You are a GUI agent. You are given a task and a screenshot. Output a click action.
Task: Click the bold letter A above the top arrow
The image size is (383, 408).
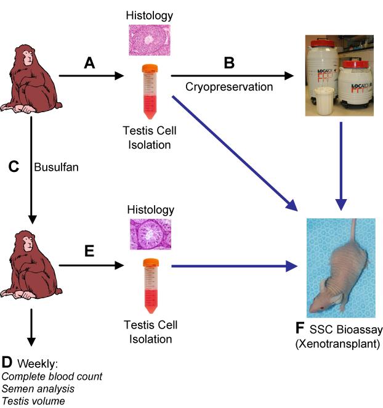click(91, 63)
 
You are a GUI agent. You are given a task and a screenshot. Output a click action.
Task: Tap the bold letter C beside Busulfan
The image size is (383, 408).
click(13, 166)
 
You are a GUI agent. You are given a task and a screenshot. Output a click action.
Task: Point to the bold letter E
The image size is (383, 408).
click(90, 251)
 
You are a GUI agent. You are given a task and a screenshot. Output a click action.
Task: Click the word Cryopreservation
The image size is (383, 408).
click(229, 87)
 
